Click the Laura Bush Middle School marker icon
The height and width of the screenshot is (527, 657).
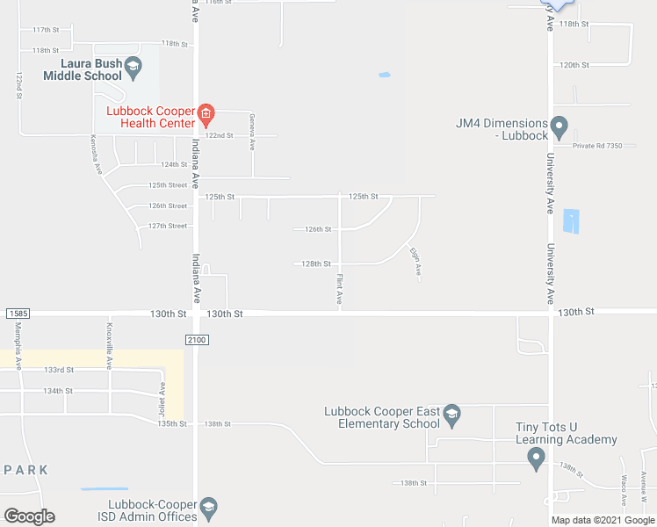[133, 66]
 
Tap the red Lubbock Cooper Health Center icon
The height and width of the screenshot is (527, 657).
[206, 112]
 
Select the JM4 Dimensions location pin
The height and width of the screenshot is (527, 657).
[560, 125]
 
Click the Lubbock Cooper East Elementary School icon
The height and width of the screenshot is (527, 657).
[451, 414]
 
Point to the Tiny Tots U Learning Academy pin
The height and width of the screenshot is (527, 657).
[537, 458]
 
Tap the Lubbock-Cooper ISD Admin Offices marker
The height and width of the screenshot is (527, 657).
[208, 506]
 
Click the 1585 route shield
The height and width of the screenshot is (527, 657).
[17, 314]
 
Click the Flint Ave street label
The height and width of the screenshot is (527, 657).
[340, 290]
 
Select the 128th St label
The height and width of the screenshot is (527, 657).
[315, 263]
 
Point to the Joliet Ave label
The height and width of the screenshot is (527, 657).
[162, 396]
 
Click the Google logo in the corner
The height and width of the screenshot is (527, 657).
[29, 516]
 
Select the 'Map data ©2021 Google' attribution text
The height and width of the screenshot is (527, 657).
[602, 520]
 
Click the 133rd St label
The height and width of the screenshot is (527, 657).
[58, 370]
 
